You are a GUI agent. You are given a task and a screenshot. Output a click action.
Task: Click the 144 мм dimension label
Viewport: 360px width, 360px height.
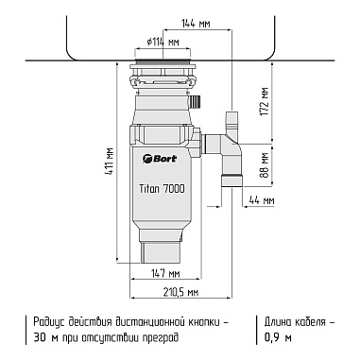196,24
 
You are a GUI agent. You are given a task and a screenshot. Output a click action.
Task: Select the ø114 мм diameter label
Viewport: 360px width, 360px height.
163,42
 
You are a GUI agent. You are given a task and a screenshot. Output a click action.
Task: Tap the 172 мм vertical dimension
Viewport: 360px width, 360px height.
265,101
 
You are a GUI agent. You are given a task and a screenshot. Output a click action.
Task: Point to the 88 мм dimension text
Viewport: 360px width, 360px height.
265,165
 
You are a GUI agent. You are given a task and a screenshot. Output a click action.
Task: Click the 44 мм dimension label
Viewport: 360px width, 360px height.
262,200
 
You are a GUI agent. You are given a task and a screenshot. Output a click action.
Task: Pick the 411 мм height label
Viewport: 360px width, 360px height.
111,163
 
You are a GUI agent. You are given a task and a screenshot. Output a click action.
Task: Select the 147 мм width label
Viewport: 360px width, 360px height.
165,273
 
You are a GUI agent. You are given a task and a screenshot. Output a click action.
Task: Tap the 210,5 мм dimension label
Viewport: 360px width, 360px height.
180,293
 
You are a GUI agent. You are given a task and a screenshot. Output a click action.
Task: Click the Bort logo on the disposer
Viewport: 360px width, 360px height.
160,159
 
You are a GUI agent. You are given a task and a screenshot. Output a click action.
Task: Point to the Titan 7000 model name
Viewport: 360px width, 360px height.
162,189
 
